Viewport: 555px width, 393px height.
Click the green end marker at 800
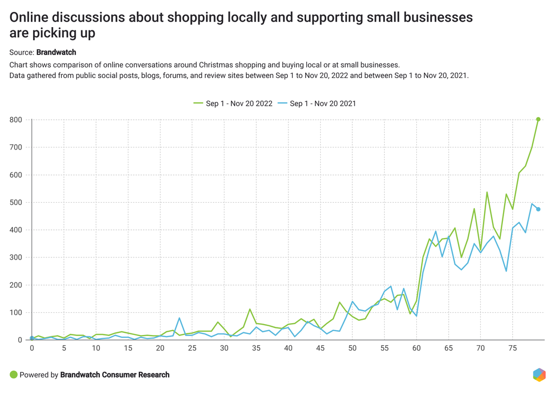pos(538,119)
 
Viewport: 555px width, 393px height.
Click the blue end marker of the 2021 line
pos(538,209)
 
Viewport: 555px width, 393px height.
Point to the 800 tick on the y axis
pos(16,120)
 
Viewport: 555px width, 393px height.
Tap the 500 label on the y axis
pos(16,202)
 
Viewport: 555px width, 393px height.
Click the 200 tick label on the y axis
pos(16,285)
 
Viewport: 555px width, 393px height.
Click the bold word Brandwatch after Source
pos(56,53)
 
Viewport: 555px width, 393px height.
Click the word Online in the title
pos(30,18)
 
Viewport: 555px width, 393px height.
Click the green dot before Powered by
pos(14,375)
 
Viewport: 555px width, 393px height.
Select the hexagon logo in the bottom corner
pos(539,375)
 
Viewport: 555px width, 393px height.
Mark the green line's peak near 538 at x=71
pos(487,192)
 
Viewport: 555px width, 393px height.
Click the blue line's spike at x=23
pos(179,318)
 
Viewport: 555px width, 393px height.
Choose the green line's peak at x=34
pos(250,310)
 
